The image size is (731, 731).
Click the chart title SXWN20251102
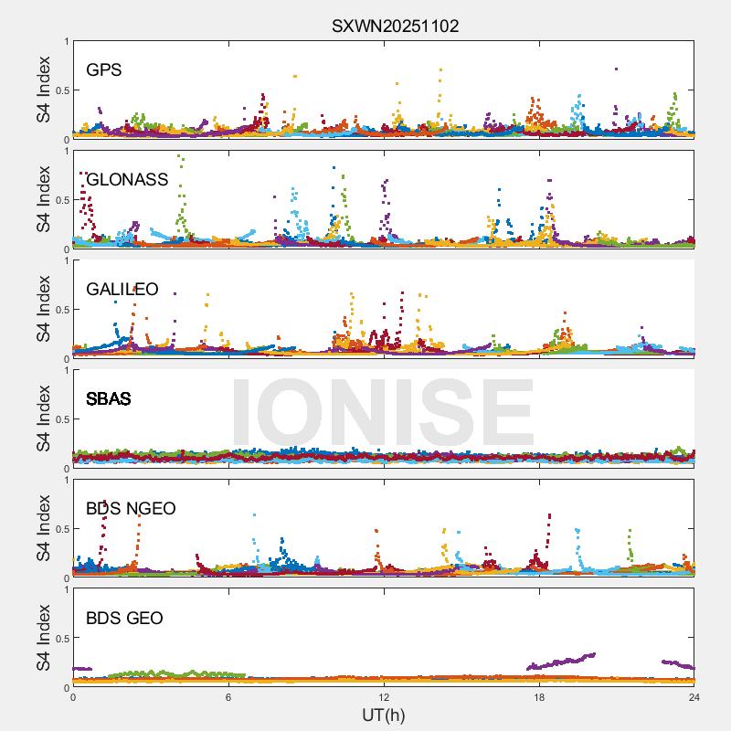click(395, 26)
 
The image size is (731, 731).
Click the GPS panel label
click(104, 70)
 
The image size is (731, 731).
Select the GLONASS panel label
click(127, 180)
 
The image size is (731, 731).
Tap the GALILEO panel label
click(122, 290)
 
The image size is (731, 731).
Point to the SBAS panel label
click(109, 399)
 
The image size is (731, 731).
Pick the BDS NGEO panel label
click(131, 509)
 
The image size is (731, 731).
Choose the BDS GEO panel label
click(124, 619)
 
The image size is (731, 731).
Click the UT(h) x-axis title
click(384, 715)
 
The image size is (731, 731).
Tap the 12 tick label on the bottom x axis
click(384, 697)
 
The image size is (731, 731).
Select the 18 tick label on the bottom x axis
click(539, 697)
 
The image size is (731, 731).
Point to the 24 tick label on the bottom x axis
click(694, 697)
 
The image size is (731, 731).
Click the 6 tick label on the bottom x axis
click(228, 697)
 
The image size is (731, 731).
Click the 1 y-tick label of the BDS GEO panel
click(65, 589)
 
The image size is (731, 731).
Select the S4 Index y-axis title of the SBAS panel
click(44, 419)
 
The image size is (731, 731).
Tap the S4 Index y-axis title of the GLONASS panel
click(44, 200)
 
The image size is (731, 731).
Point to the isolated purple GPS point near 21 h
click(617, 69)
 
